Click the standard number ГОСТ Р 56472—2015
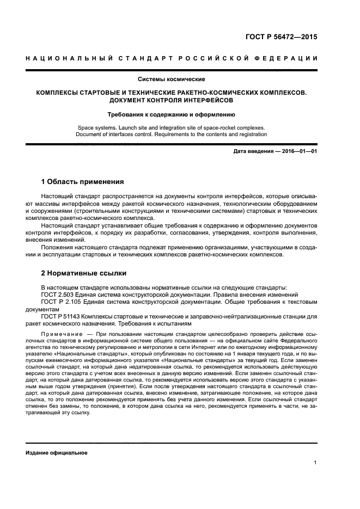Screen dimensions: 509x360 click(x=282, y=38)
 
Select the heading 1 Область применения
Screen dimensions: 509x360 click(x=83, y=181)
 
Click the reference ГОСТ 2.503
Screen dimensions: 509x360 click(x=58, y=294)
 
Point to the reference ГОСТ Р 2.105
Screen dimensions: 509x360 click(x=60, y=301)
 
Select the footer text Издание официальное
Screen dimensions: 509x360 click(x=57, y=452)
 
